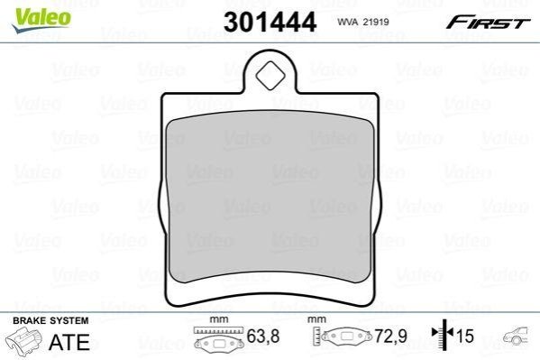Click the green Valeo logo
click(x=41, y=20)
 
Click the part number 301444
click(x=270, y=22)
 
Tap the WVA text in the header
click(x=348, y=22)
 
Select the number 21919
click(x=376, y=22)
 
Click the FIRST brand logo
click(x=489, y=23)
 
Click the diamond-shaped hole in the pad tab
click(x=270, y=77)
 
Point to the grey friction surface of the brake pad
click(x=270, y=197)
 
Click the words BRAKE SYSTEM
click(x=50, y=320)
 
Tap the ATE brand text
click(x=69, y=342)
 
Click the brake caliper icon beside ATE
click(x=24, y=341)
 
